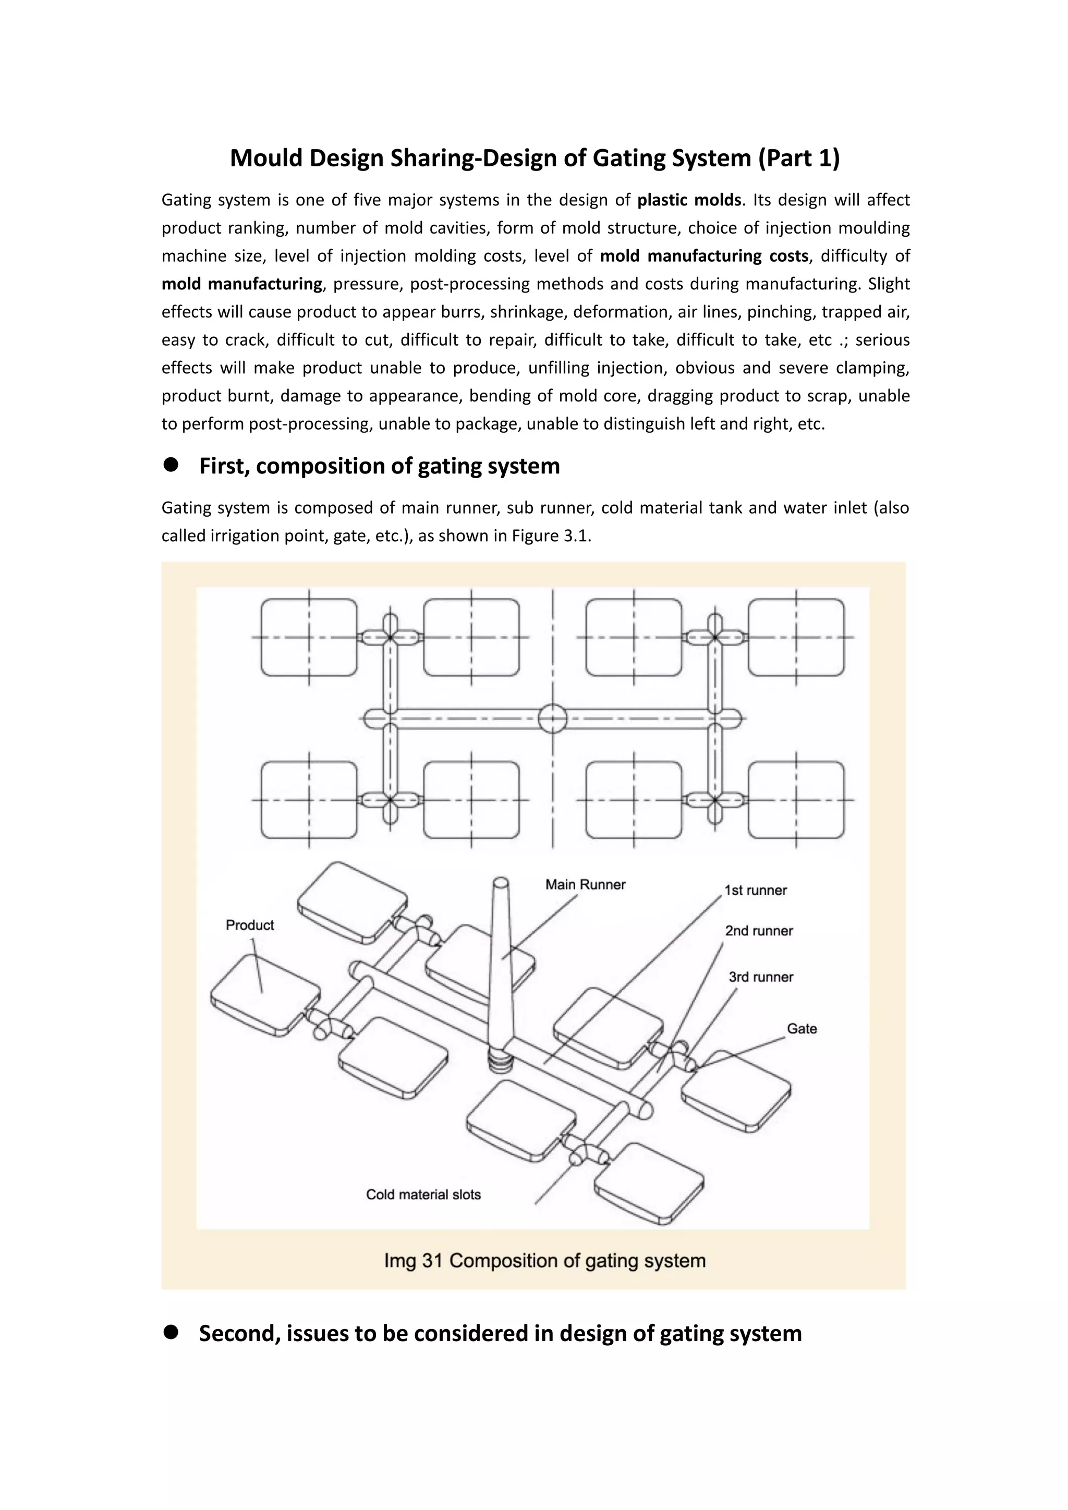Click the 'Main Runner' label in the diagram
[585, 884]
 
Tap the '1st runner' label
[755, 891]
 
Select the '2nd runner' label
[759, 931]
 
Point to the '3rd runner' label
[761, 977]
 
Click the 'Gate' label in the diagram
[802, 1029]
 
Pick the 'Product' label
[250, 926]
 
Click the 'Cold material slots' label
[423, 1195]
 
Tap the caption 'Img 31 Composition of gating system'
[544, 1261]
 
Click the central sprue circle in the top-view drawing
[552, 718]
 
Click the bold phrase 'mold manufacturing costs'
[703, 256]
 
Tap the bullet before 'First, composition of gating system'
[172, 465]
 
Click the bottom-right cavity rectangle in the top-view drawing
[796, 800]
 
